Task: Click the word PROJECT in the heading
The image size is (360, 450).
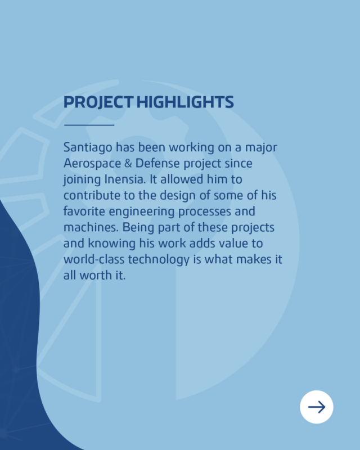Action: (98, 102)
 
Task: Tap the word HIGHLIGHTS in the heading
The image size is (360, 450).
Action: (185, 102)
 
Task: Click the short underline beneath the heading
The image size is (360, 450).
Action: (89, 125)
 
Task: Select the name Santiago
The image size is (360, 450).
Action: (88, 148)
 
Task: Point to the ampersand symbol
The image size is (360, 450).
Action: (128, 163)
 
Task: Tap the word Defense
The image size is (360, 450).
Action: (158, 163)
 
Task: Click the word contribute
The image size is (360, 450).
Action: (92, 195)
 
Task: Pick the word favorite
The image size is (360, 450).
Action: (84, 211)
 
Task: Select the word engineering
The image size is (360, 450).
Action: (142, 212)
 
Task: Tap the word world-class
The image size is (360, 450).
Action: (94, 259)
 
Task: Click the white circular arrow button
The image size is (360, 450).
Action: (317, 407)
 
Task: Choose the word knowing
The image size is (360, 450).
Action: (112, 244)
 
